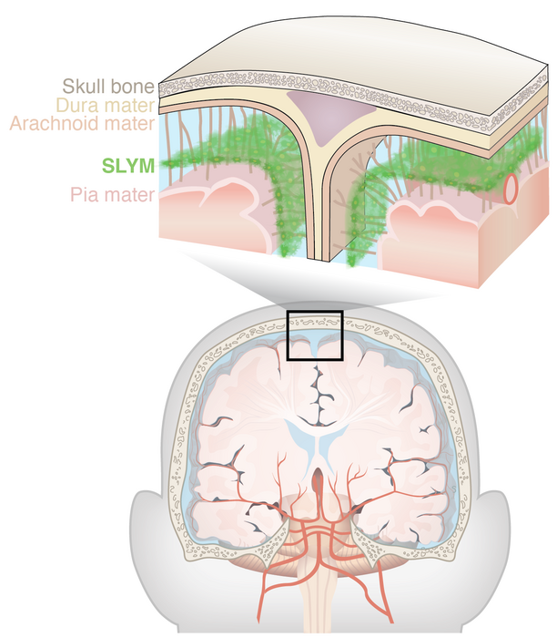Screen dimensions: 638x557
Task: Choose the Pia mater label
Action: click(112, 195)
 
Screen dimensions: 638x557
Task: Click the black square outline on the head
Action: click(314, 337)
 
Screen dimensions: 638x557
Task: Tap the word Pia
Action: click(86, 195)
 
